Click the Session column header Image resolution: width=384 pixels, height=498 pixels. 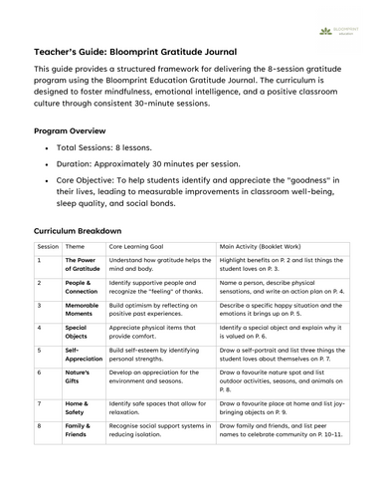pyautogui.click(x=48, y=245)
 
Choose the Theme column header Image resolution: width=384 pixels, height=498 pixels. pyautogui.click(x=76, y=245)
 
